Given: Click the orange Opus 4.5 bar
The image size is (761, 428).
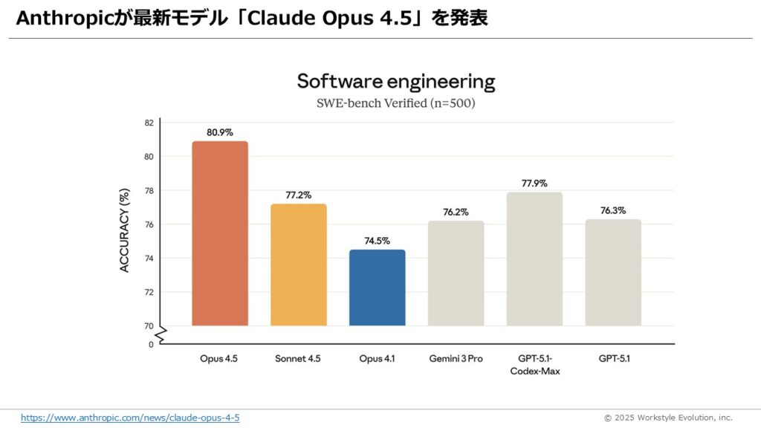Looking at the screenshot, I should click(220, 233).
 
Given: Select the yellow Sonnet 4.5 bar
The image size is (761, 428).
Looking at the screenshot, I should click(299, 265).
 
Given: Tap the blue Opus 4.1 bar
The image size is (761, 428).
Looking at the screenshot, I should click(378, 288).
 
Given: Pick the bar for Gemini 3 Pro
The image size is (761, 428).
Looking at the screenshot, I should click(456, 273).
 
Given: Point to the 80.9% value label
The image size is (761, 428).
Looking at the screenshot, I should click(220, 132).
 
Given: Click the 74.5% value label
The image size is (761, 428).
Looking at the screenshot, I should click(378, 241).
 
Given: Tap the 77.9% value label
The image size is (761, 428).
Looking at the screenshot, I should click(534, 183).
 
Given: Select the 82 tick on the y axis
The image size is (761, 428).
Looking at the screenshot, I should click(149, 123).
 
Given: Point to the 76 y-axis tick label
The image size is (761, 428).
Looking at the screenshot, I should click(149, 224).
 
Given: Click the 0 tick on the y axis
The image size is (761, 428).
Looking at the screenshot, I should click(151, 345).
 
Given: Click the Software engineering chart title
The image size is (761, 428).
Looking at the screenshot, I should click(396, 81).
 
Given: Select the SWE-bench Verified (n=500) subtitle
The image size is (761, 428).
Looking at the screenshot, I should click(396, 103).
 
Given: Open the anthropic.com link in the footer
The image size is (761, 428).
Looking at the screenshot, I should click(130, 418).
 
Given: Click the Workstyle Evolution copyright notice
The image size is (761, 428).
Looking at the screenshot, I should click(668, 418).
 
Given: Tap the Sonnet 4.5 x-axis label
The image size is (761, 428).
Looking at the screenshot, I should click(299, 359).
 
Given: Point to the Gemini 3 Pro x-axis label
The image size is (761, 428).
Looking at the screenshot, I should click(456, 359).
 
